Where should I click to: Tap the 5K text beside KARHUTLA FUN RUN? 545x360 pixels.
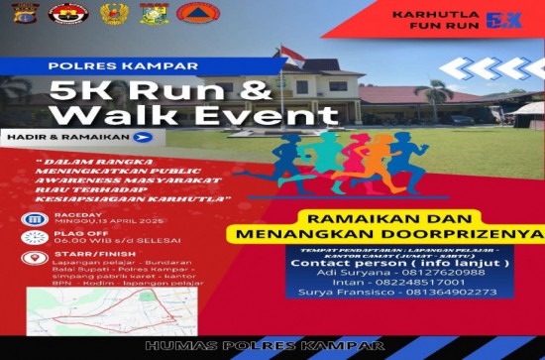pyautogui.click(x=507, y=19)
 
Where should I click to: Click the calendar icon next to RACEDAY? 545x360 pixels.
pyautogui.click(x=31, y=220)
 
